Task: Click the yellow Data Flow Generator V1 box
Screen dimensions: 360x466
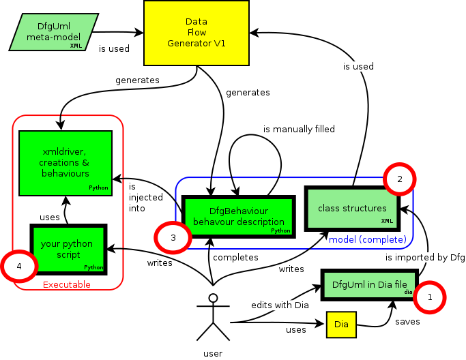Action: click(196, 33)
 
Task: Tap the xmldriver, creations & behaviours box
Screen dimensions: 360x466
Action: click(65, 162)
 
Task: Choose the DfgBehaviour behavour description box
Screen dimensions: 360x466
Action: click(238, 216)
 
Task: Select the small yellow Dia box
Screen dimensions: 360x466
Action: click(341, 325)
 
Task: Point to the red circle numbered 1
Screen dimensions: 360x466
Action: click(430, 297)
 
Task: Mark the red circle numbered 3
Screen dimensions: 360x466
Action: click(173, 238)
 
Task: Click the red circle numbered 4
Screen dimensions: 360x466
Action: click(18, 266)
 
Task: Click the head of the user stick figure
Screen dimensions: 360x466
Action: click(214, 298)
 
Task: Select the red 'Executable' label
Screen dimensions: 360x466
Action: click(67, 284)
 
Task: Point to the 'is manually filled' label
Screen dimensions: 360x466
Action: click(299, 129)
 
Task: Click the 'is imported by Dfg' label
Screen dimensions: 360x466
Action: click(424, 258)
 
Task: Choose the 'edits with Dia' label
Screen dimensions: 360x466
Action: click(280, 305)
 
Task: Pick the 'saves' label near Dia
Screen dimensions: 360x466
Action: click(407, 321)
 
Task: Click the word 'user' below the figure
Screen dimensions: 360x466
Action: click(214, 353)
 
